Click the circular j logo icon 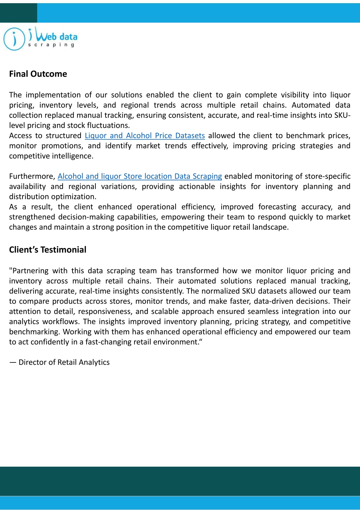tap(14, 39)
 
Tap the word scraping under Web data tap(51, 45)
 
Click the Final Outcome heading tap(38, 74)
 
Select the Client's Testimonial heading tap(48, 250)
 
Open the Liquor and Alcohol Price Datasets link tap(145, 136)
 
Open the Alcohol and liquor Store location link tap(140, 176)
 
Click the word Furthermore tap(32, 176)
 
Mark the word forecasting tap(277, 207)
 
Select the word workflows tap(61, 322)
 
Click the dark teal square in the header tap(18, 13)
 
